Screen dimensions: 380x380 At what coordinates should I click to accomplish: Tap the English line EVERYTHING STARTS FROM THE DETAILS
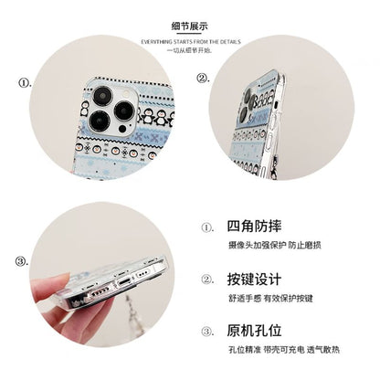[x=189, y=42]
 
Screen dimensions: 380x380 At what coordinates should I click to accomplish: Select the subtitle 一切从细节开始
[x=189, y=51]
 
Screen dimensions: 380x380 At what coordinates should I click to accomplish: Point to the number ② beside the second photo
[x=204, y=79]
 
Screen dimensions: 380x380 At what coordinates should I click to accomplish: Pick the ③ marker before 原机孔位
[x=208, y=330]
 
